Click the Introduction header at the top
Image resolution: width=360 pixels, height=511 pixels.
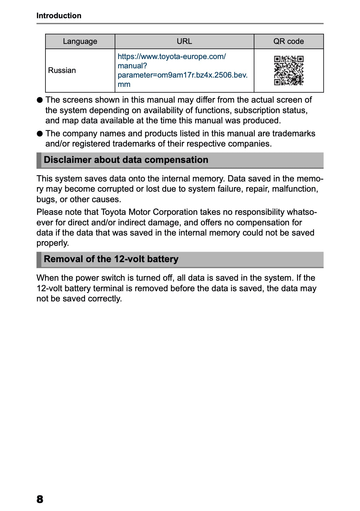tap(59, 15)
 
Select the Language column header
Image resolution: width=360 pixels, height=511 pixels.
tap(80, 41)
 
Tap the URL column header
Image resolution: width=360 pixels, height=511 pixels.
tap(184, 41)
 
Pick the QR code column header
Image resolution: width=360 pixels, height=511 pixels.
tap(288, 41)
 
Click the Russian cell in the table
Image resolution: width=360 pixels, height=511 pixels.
tap(62, 70)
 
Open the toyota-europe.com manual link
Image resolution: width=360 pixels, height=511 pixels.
tap(182, 70)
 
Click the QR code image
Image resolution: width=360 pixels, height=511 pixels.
tap(289, 70)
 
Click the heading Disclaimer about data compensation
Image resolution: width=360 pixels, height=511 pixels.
tap(126, 160)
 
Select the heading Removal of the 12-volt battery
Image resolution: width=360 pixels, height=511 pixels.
tap(111, 259)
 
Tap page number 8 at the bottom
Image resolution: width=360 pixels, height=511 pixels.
tap(40, 499)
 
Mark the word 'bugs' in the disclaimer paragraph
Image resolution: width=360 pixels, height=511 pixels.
tap(46, 199)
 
